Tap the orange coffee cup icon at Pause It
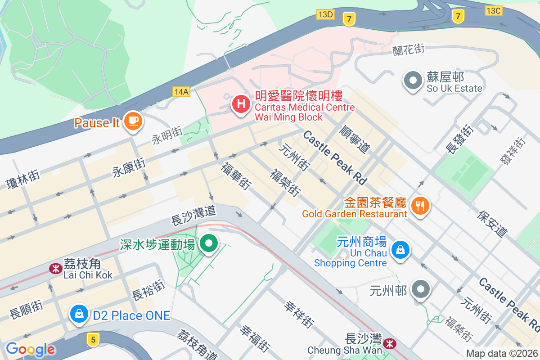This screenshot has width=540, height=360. (x=133, y=121)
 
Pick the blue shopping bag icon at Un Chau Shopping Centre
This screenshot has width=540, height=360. (x=400, y=249)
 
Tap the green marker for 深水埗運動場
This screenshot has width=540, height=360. (x=208, y=244)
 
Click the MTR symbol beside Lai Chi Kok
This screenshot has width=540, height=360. (x=55, y=269)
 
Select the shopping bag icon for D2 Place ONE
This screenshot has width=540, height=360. (x=79, y=314)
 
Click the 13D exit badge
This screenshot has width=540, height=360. (x=325, y=14)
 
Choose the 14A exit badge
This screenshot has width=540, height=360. (x=181, y=92)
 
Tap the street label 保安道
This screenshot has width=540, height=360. (x=492, y=223)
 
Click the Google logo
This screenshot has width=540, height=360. (x=30, y=349)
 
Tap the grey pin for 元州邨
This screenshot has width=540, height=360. (x=422, y=289)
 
